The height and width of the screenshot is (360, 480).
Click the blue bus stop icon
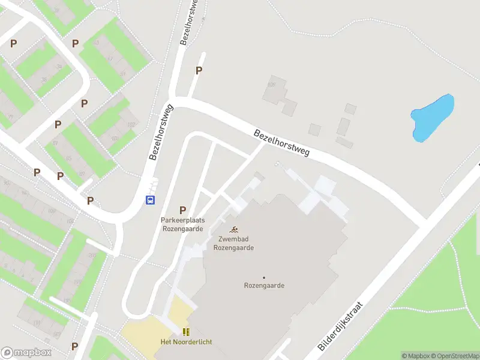coord(151,200)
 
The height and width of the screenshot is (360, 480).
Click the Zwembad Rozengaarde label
coord(236,243)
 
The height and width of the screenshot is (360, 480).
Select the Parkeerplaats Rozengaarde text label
coord(182,224)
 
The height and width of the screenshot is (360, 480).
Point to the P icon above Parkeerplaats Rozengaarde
coord(182,211)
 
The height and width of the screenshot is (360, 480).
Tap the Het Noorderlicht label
coord(186,342)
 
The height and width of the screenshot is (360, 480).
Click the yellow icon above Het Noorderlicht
coord(186,331)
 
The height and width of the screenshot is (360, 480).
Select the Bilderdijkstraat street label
coord(340,327)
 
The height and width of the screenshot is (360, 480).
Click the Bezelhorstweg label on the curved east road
coord(281,143)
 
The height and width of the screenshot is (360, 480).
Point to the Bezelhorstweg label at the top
coord(190,23)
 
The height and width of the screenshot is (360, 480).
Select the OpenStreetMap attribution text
coord(452,356)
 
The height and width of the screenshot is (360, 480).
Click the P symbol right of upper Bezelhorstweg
coord(199,71)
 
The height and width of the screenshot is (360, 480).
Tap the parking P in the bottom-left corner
coord(74,346)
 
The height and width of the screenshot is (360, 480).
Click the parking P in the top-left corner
coord(13,43)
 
